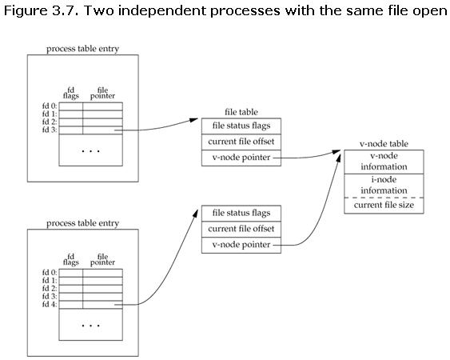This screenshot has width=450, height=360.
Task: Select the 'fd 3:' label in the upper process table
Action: point(50,130)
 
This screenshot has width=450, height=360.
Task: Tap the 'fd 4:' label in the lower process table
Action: point(50,304)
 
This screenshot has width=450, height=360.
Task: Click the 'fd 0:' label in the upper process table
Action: point(50,106)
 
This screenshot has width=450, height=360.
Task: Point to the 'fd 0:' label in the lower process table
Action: point(50,272)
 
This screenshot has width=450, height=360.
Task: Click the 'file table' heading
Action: point(241,112)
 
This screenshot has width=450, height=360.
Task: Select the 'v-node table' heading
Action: point(384,144)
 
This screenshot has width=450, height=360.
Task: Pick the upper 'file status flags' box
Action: point(241,126)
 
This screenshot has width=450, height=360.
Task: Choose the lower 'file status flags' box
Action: point(241,213)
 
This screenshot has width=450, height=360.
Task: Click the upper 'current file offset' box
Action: point(241,142)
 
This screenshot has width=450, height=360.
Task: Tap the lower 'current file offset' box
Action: point(241,229)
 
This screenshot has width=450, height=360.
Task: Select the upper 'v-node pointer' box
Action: point(241,158)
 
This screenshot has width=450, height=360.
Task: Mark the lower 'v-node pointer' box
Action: point(241,245)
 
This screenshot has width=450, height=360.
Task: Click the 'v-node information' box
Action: point(384,162)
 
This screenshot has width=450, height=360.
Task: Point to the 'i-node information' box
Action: point(384,185)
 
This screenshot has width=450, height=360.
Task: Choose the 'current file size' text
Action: point(384,206)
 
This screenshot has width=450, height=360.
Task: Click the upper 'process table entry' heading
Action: point(82,49)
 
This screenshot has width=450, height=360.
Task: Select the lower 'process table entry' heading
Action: point(82,222)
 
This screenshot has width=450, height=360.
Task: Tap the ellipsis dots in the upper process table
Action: point(91,150)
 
